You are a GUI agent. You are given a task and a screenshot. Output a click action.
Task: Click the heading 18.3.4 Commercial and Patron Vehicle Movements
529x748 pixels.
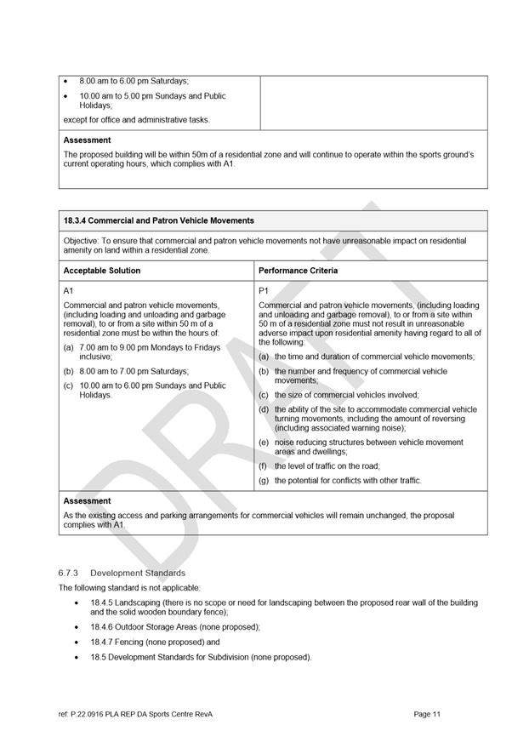[158, 221]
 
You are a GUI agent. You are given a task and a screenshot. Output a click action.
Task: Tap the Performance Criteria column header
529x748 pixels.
[298, 271]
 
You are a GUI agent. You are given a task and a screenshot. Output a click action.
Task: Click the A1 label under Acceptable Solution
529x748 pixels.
[69, 291]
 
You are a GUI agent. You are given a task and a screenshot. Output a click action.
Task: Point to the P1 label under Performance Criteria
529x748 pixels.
[264, 291]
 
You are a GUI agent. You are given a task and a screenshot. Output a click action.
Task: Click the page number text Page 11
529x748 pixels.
[427, 714]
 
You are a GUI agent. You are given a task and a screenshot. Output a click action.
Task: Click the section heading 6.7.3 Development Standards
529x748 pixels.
[122, 573]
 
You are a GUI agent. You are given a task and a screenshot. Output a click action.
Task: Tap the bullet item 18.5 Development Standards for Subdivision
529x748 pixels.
[201, 657]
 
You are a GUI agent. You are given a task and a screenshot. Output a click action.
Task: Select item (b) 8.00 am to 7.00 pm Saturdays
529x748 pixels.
[132, 372]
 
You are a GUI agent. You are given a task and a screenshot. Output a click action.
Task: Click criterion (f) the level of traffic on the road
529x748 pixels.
[327, 466]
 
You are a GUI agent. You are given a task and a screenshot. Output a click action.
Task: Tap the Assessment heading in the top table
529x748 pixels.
[87, 140]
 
